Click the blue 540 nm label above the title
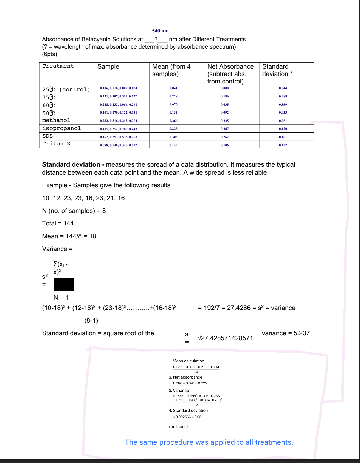pos(160,31)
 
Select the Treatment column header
pos(58,66)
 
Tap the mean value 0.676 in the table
pos(173,105)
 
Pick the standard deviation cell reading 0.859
pos(283,105)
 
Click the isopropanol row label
pos(61,128)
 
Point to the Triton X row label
pos(56,144)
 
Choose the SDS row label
pos(47,136)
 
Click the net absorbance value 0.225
pos(224,121)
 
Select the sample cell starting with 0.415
pos(118,129)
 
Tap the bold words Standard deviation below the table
pos(71,164)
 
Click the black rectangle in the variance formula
pos(64,285)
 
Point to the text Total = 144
pos(58,223)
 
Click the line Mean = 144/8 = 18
pos(69,236)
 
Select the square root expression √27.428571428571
pos(225,338)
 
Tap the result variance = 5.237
pos(286,333)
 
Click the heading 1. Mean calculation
pos(187,361)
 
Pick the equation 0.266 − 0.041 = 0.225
pos(190,383)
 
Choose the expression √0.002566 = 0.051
pos(188,417)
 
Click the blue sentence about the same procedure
pos(209,442)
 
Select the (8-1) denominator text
pos(91,320)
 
